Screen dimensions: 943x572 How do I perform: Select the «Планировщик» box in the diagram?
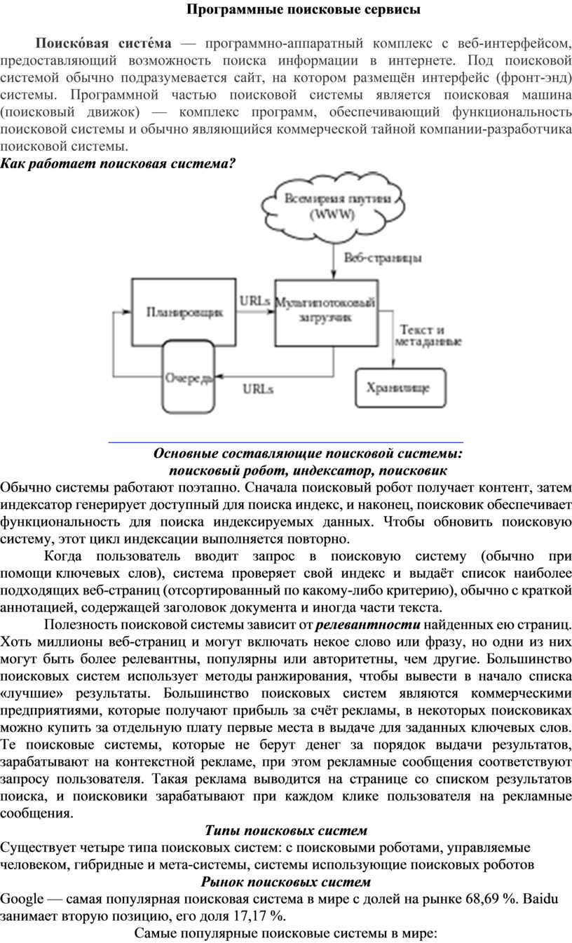click(184, 311)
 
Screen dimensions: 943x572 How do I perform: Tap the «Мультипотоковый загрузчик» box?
click(325, 311)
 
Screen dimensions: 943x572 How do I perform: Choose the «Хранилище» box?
click(396, 387)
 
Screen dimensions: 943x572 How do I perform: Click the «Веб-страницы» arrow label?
click(383, 258)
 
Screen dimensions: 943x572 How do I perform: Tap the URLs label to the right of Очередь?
click(258, 387)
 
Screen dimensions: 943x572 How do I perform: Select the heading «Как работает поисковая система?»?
click(118, 163)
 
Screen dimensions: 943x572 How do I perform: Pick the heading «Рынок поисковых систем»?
click(286, 881)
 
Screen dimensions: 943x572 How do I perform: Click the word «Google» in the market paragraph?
click(22, 899)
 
